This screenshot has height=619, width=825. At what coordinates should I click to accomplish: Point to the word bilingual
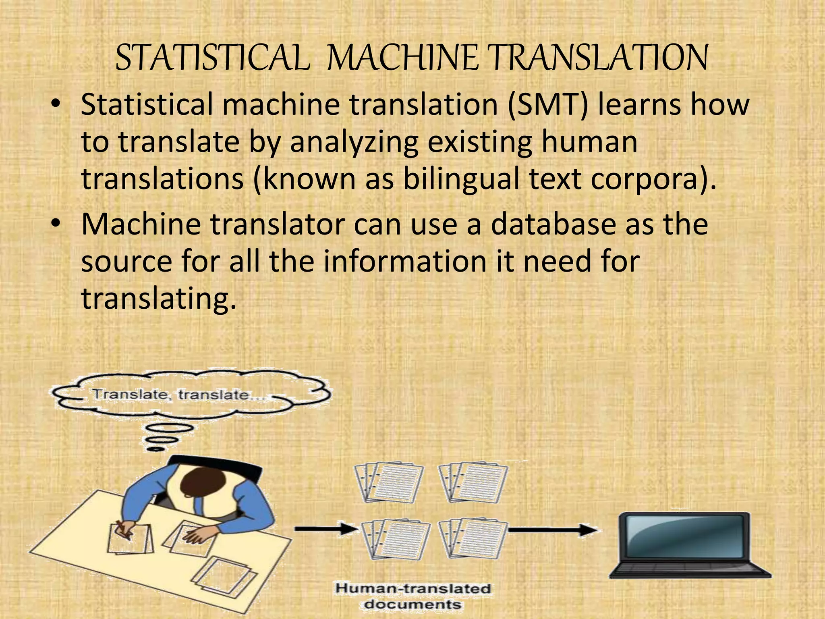[462, 179]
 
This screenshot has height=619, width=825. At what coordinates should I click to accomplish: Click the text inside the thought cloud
[177, 395]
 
